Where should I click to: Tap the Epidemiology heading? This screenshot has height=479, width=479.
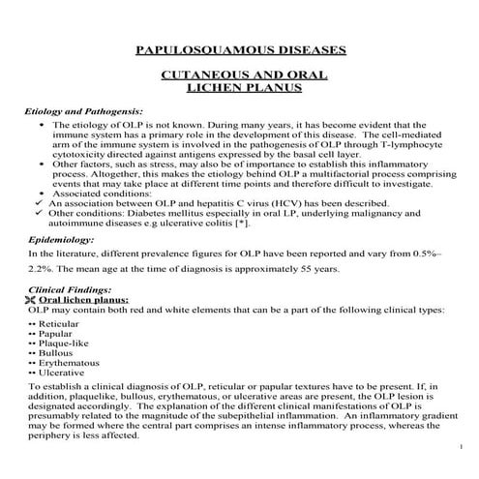(61, 237)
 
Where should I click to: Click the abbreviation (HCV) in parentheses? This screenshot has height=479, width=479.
(278, 203)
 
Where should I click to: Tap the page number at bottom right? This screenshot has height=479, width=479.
(464, 446)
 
